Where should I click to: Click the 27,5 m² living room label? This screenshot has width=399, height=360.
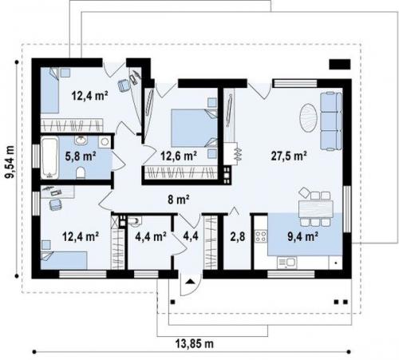[x=289, y=156]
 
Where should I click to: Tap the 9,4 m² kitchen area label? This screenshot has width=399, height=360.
[x=303, y=236]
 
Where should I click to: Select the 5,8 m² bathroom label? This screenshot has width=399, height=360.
[x=81, y=156]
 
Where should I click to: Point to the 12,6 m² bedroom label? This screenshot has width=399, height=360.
[x=179, y=156]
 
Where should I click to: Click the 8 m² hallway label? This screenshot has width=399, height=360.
[x=179, y=199]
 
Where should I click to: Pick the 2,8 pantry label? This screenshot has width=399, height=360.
[x=238, y=236]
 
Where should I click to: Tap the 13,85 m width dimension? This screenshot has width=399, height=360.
[x=195, y=344]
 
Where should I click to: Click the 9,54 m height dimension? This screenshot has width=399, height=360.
[x=10, y=162]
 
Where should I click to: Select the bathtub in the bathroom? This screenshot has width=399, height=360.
[x=49, y=157]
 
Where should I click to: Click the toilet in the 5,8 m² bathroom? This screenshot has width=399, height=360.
[x=81, y=173]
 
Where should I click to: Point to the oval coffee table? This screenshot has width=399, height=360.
[x=308, y=117]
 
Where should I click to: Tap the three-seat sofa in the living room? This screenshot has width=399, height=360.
[x=330, y=121]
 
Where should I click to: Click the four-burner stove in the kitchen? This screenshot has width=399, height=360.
[x=261, y=236]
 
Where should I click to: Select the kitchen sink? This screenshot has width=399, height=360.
[x=286, y=263]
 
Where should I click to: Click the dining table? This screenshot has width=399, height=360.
[x=316, y=209]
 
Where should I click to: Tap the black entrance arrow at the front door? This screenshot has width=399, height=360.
[x=189, y=281]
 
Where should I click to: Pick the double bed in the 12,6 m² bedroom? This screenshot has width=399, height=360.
[x=194, y=128]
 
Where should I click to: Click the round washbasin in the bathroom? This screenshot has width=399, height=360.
[x=81, y=140]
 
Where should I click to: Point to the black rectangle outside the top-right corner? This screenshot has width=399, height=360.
[x=340, y=64]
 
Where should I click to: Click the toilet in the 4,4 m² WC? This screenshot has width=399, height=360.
[x=135, y=221]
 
